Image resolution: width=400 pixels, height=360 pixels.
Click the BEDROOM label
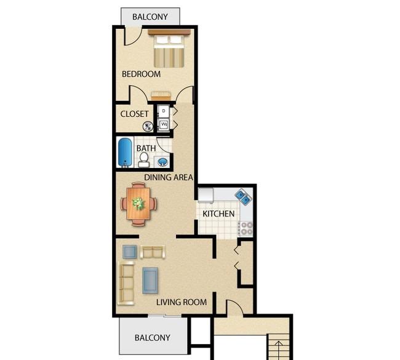[x=141, y=74]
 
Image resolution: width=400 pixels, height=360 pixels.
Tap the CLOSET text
[x=134, y=114]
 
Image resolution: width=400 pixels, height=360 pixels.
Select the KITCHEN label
[x=218, y=214]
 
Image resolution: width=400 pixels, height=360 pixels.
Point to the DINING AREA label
[x=169, y=177]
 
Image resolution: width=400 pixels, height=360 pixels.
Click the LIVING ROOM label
[x=182, y=302]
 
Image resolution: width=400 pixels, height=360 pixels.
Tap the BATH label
[x=146, y=148]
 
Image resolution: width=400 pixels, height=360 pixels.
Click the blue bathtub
[x=125, y=153]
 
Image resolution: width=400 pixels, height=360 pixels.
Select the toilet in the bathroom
[x=144, y=160]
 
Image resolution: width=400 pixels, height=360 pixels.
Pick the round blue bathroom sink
[x=162, y=161]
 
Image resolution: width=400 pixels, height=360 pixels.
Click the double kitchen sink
[x=243, y=197]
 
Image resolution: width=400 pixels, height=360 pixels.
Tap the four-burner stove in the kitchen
[x=246, y=228]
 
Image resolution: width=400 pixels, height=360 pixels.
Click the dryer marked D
[x=163, y=111]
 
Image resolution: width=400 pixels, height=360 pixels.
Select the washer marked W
[x=164, y=125]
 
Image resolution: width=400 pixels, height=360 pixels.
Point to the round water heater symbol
[x=148, y=126]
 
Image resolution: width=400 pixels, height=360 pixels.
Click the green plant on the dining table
[x=138, y=204]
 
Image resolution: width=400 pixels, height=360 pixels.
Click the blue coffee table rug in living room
[x=150, y=281]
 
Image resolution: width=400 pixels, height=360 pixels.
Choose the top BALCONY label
[x=150, y=17]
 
